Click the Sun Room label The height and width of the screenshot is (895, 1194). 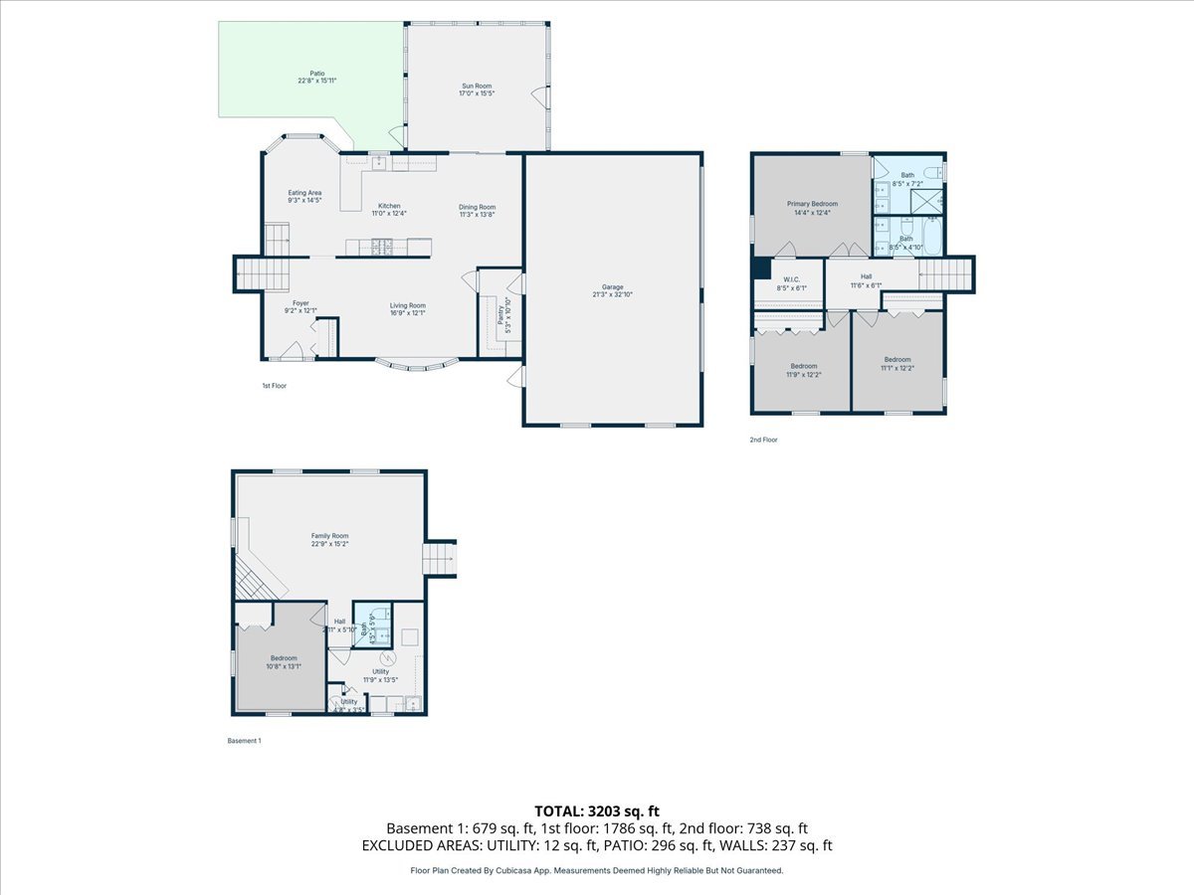tap(476, 87)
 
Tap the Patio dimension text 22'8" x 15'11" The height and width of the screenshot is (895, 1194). tap(310, 81)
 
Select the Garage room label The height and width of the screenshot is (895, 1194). tap(613, 287)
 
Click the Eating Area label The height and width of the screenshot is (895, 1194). tap(304, 193)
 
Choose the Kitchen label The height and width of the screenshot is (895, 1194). tap(389, 206)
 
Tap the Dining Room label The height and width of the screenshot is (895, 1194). tap(477, 207)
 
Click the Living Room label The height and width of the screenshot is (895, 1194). tap(407, 305)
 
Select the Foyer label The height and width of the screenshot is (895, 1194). tap(300, 303)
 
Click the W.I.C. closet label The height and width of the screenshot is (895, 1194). tap(792, 279)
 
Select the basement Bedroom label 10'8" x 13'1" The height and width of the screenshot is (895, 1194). tap(284, 658)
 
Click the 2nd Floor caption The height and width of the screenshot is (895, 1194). tap(764, 439)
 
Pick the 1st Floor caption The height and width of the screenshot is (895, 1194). tap(274, 386)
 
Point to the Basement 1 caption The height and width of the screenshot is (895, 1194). tap(245, 741)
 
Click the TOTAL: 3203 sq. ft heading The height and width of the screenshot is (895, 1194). tap(597, 809)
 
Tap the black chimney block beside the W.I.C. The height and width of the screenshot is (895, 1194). tap(761, 269)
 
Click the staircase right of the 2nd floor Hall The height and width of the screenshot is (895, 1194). tap(945, 273)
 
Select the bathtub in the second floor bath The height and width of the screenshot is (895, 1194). tap(933, 236)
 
